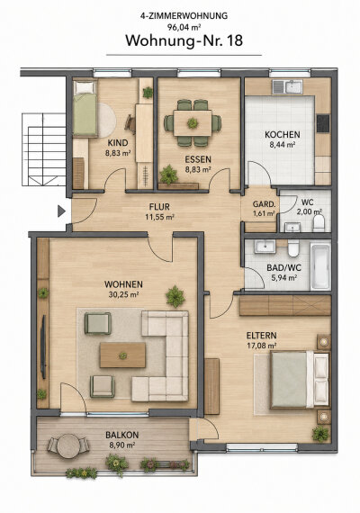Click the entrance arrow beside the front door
(61, 211)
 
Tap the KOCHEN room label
(282, 134)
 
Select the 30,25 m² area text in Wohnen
(123, 294)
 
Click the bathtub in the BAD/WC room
(319, 265)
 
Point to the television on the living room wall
(43, 346)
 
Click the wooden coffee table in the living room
(122, 355)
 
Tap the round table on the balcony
(68, 445)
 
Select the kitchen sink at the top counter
(288, 86)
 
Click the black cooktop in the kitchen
(323, 123)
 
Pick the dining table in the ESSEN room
(193, 123)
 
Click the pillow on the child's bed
(85, 87)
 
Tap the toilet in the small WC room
(319, 222)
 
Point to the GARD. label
(264, 204)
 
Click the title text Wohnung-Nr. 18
(184, 40)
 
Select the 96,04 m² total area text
(184, 27)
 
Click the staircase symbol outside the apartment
(44, 149)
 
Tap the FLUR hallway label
(159, 207)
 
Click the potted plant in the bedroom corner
(319, 434)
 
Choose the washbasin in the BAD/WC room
(265, 246)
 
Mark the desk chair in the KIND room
(130, 123)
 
